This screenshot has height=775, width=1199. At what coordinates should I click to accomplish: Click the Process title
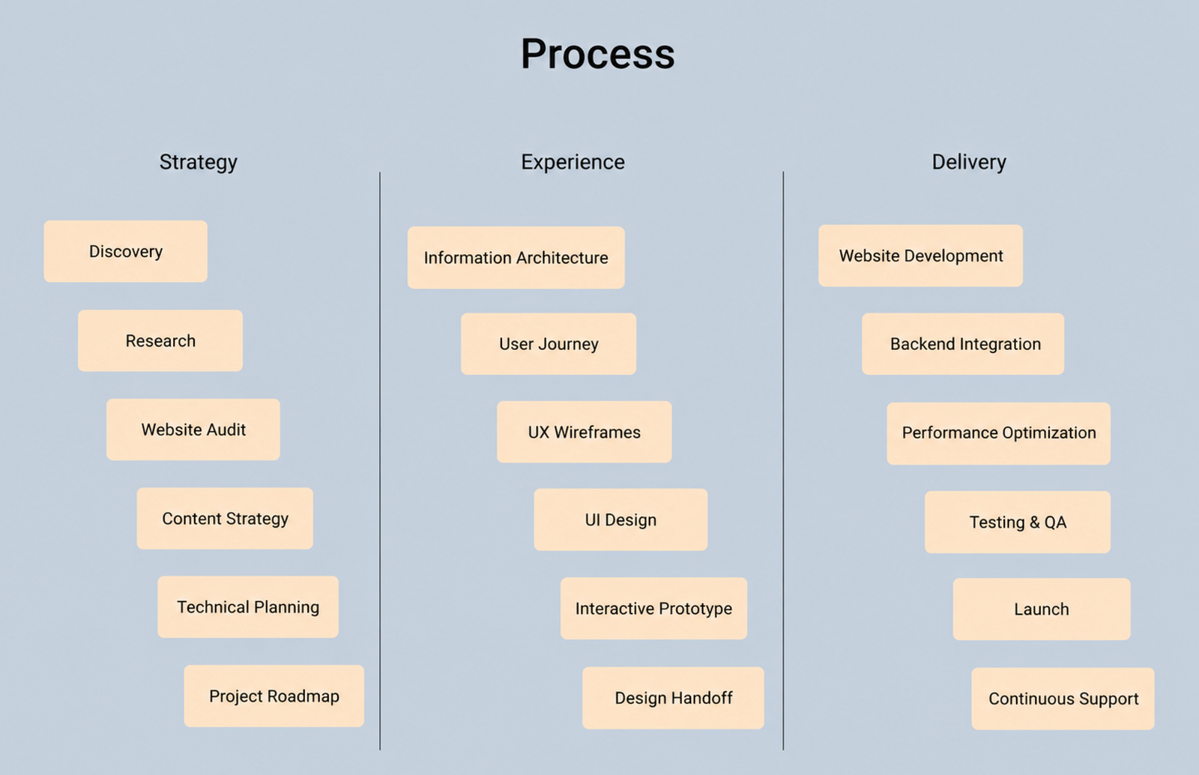[x=597, y=54]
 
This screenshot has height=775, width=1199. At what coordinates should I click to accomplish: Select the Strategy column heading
[x=198, y=162]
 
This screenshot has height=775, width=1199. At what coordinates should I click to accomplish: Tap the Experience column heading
[x=573, y=162]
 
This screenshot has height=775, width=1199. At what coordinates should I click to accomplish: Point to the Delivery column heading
[x=969, y=162]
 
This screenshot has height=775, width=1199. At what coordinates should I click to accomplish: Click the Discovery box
[x=126, y=252]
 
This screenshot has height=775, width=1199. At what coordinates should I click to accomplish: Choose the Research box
[x=160, y=341]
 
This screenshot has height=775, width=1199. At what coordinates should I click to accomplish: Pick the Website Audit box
[x=193, y=429]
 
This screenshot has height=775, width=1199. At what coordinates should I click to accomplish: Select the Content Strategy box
[x=225, y=519]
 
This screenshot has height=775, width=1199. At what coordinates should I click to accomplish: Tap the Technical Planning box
[x=248, y=607]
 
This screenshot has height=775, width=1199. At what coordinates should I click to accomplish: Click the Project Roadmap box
[x=274, y=696]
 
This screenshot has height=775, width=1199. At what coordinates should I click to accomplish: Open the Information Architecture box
[x=516, y=258]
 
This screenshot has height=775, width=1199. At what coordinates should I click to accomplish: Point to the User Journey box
[x=549, y=344]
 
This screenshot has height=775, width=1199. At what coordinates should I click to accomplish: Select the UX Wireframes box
[x=585, y=432]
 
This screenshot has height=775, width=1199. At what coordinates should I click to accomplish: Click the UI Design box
[x=621, y=519]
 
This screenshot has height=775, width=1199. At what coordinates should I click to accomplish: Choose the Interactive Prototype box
[x=654, y=609]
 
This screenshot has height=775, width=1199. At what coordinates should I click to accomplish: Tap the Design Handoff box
[x=674, y=698]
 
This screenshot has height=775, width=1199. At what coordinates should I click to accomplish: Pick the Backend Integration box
[x=964, y=344]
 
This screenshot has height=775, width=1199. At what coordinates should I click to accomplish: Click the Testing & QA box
[x=1018, y=522]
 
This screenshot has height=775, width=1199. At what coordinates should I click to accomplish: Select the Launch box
[x=1042, y=609]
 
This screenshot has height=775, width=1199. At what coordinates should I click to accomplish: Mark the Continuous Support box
[x=1063, y=699]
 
